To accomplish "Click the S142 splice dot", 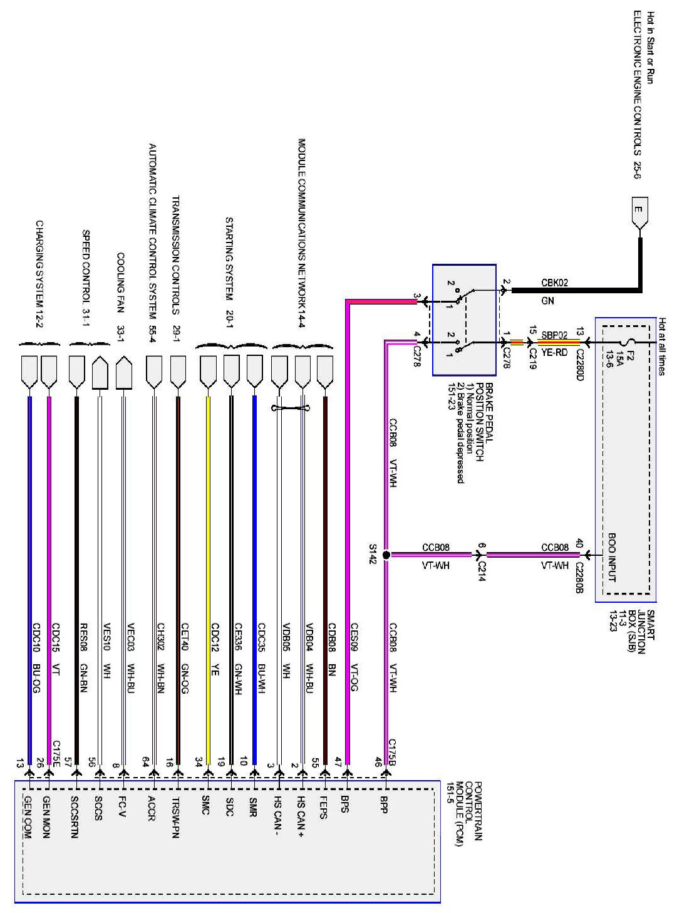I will [x=386, y=555].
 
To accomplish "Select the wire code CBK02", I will [x=554, y=283].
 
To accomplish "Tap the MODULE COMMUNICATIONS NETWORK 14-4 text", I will [x=301, y=230].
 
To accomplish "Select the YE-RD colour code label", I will [x=554, y=352].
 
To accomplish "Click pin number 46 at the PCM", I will [x=378, y=763].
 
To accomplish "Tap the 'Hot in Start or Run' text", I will [x=651, y=48].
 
